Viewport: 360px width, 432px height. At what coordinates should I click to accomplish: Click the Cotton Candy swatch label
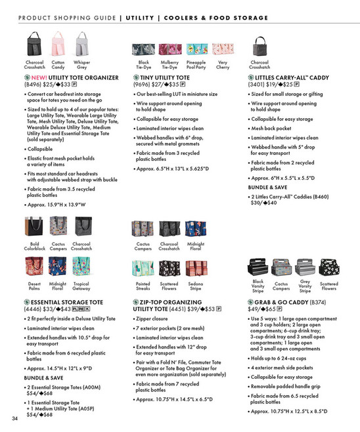point(58,65)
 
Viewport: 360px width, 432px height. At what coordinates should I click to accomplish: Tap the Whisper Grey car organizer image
point(82,48)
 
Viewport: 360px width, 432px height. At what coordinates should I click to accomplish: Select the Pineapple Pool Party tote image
point(195,49)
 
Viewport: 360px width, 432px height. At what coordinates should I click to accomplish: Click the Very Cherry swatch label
point(223,65)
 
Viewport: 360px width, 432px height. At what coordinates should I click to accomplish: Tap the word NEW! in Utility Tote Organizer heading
point(43,77)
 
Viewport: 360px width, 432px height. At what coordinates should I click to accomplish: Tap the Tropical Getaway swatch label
point(81,286)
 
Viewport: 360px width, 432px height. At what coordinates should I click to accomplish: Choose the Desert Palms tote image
point(34,267)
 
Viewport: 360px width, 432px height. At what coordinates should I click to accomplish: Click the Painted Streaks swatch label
point(143,286)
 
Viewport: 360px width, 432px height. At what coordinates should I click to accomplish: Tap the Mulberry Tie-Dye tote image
point(169,49)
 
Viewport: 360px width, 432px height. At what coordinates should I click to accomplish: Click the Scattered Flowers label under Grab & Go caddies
point(328,286)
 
